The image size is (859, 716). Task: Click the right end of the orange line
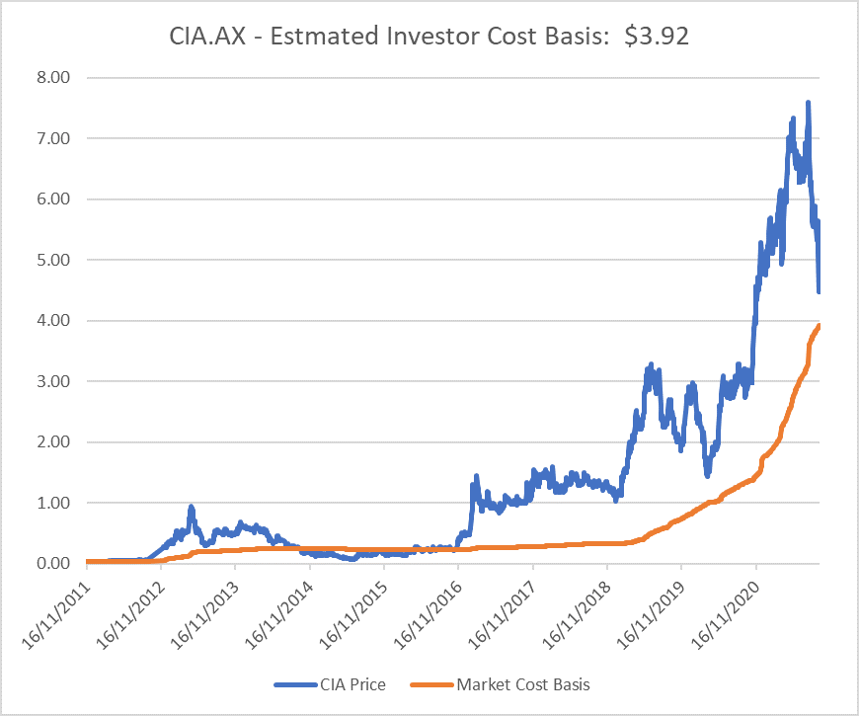[820, 326]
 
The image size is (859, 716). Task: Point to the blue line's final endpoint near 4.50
[820, 291]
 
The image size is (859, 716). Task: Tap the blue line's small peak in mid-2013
[191, 508]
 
